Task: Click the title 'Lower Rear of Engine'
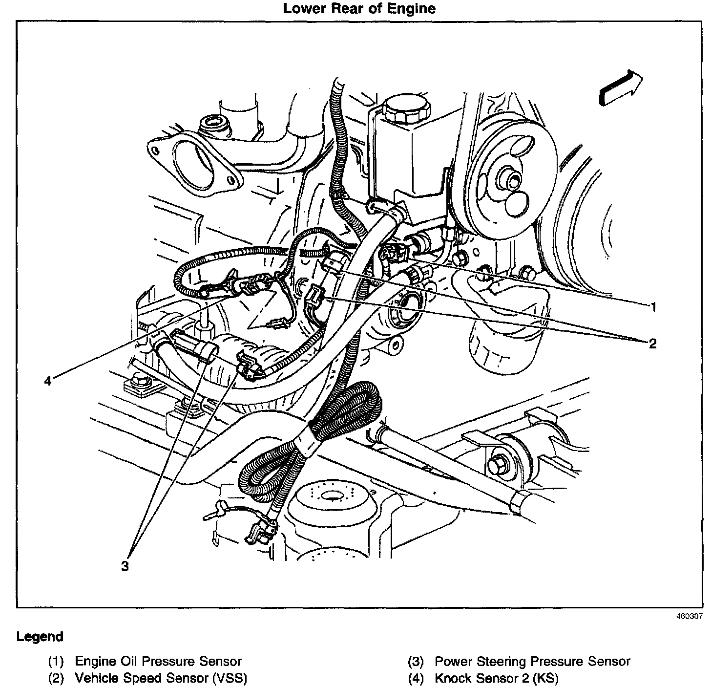[359, 9]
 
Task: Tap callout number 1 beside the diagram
[653, 307]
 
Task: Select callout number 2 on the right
[653, 344]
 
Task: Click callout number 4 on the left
[47, 381]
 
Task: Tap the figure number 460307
[689, 617]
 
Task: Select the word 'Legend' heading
[40, 637]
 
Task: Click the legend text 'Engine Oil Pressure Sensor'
[158, 662]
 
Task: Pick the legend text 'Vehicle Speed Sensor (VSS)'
[161, 678]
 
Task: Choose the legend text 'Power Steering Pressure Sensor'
[532, 662]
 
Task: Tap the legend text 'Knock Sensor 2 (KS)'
[497, 678]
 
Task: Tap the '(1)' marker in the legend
[56, 662]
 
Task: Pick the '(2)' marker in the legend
[56, 679]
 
